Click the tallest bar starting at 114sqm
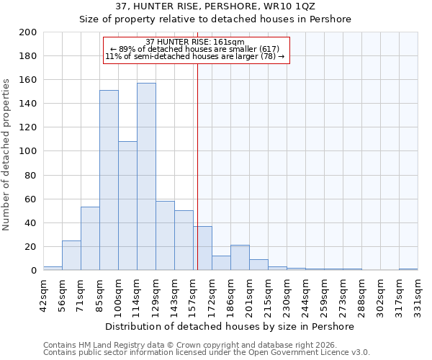[x=146, y=176]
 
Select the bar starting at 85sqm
[x=109, y=180]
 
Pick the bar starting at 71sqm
[x=90, y=238]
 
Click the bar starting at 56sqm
[x=71, y=255]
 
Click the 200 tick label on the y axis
[x=28, y=32]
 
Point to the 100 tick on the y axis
[x=28, y=151]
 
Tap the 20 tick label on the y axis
[x=31, y=247]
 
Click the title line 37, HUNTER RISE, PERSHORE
[x=215, y=6]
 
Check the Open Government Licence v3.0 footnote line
[x=207, y=353]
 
